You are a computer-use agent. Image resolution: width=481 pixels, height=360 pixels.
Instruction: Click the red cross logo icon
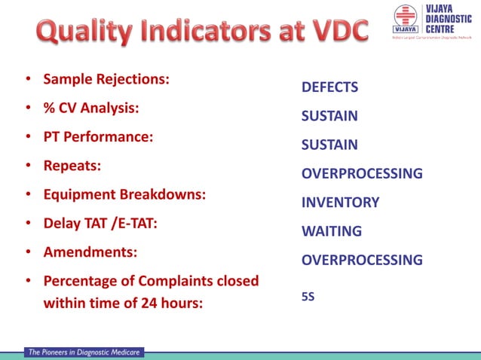point(405,17)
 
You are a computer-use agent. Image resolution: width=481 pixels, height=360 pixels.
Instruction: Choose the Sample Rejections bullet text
point(106,79)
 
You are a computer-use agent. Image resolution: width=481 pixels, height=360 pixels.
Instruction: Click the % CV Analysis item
point(91,108)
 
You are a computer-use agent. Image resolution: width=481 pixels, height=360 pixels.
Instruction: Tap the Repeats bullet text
point(72,166)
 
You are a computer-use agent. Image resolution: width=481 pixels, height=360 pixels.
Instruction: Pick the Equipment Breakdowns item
point(124,194)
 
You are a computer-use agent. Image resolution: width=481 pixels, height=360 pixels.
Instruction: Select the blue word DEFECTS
point(329,87)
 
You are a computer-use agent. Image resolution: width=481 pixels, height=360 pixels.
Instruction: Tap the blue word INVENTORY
point(340,203)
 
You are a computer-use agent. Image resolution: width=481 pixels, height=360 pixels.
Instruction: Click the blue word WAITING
point(332,231)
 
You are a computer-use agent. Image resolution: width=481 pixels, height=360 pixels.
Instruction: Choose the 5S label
point(308,297)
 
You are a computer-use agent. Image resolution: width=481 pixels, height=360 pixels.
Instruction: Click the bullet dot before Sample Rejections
point(28,79)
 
